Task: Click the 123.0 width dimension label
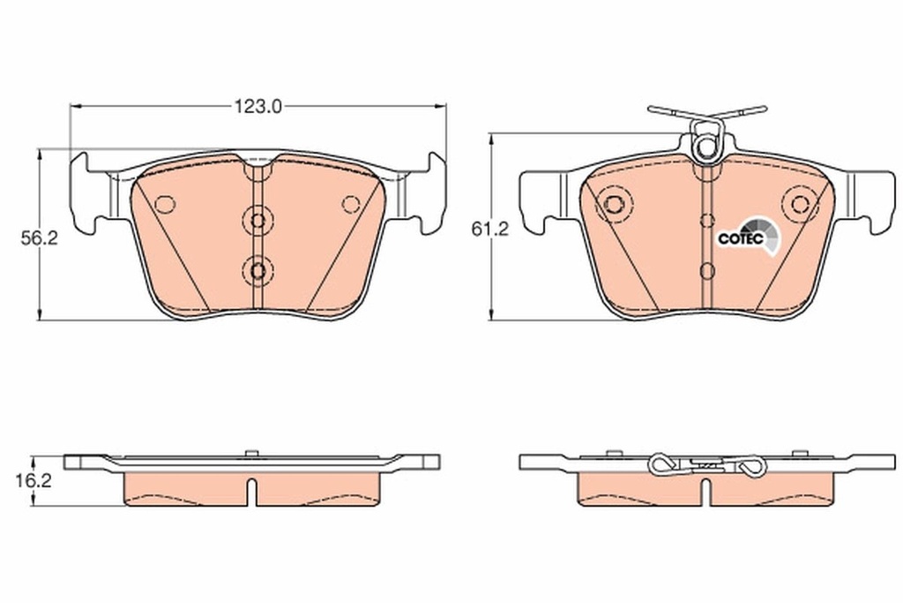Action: [257, 107]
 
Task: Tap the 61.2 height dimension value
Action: [490, 230]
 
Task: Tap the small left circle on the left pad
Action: [164, 205]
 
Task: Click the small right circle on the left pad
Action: [351, 205]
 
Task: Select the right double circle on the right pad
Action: [800, 205]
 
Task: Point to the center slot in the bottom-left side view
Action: [253, 493]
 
